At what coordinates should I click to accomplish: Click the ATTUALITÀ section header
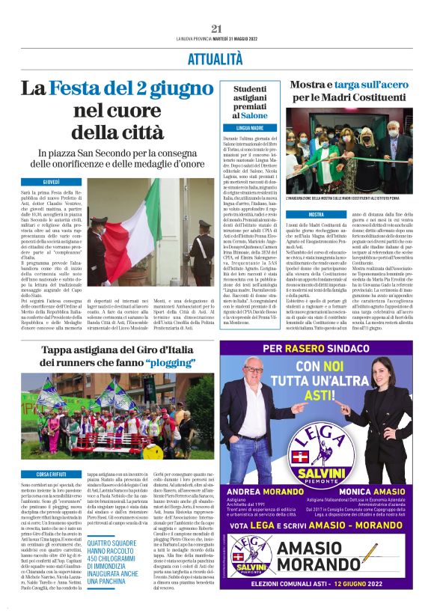tap(216, 57)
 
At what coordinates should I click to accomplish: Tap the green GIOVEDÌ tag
tap(51, 182)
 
